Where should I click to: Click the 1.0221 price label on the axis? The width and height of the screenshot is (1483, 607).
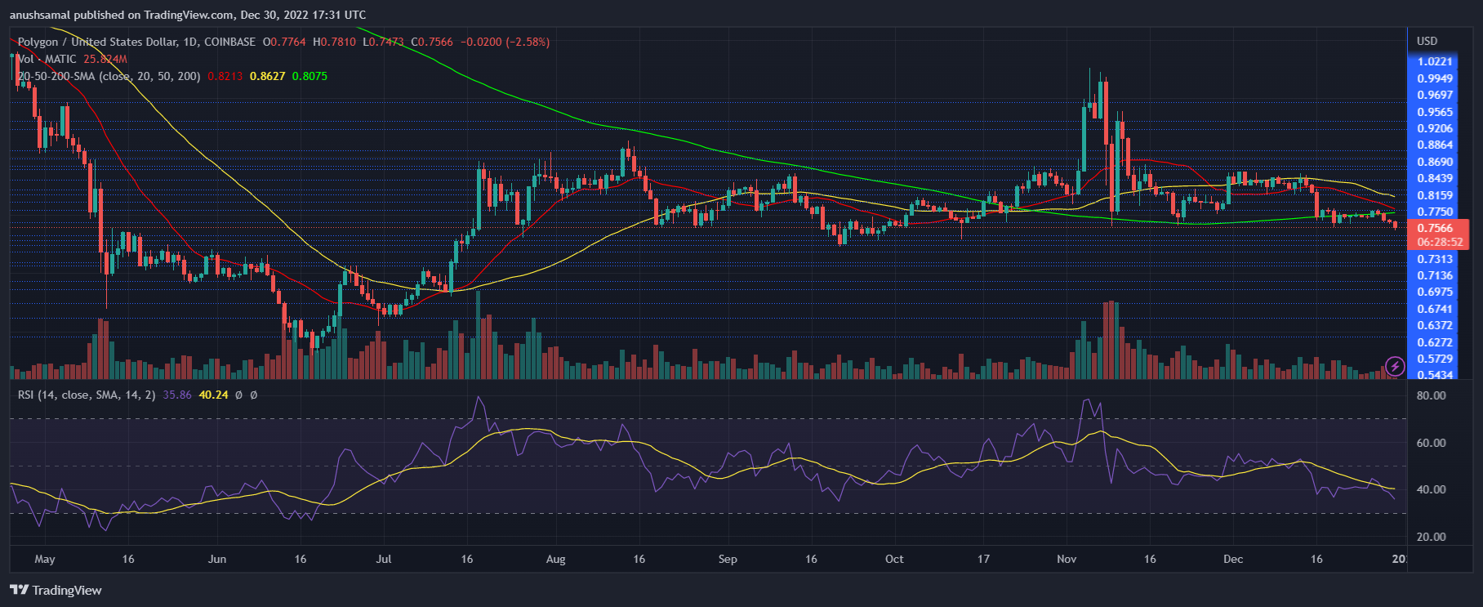pyautogui.click(x=1435, y=61)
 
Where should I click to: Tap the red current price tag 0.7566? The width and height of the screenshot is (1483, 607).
pyautogui.click(x=1435, y=228)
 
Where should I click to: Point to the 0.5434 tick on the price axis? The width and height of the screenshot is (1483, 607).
pyautogui.click(x=1435, y=375)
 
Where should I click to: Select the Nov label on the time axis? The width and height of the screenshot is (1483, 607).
pyautogui.click(x=1067, y=559)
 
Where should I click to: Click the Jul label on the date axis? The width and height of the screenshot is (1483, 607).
pyautogui.click(x=383, y=559)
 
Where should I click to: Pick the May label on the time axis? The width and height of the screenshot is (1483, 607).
pyautogui.click(x=45, y=559)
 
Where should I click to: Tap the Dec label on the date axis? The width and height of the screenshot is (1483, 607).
pyautogui.click(x=1233, y=559)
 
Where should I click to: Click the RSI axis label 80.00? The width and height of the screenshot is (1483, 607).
pyautogui.click(x=1431, y=395)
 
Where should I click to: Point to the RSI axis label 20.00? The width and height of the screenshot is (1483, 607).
pyautogui.click(x=1431, y=537)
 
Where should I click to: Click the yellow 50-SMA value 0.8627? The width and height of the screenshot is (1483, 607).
pyautogui.click(x=267, y=76)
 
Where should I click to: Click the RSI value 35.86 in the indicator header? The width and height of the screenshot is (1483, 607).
pyautogui.click(x=177, y=395)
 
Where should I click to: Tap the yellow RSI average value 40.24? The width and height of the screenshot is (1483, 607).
pyautogui.click(x=213, y=395)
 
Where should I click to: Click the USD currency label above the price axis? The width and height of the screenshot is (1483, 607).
pyautogui.click(x=1427, y=41)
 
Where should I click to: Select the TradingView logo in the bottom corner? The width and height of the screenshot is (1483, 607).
pyautogui.click(x=56, y=590)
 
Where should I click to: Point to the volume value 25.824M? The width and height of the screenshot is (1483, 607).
pyautogui.click(x=105, y=59)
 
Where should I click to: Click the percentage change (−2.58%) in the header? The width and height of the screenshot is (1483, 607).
pyautogui.click(x=528, y=42)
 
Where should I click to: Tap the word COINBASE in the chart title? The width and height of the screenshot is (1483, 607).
pyautogui.click(x=229, y=42)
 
